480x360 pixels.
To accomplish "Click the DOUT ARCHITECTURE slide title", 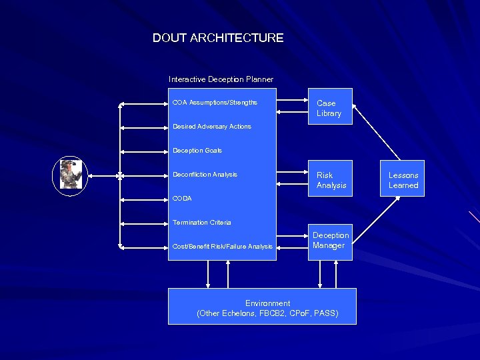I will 218,38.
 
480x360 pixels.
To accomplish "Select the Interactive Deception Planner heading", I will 221,79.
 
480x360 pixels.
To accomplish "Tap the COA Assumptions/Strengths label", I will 215,103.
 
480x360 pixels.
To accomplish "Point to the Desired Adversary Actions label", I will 212,127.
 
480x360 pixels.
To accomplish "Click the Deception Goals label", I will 197,151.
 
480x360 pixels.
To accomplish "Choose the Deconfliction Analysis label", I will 205,175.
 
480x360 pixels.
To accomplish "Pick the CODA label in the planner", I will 182,199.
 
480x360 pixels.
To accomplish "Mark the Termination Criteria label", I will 202,223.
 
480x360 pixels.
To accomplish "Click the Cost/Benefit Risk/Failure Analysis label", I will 223,247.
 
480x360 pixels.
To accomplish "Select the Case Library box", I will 329,108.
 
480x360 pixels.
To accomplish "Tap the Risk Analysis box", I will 331,180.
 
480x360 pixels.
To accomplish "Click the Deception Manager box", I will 331,241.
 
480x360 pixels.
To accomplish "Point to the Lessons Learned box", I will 403,180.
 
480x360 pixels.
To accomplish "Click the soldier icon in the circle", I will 69,175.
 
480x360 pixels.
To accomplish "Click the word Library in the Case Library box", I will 329,113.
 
